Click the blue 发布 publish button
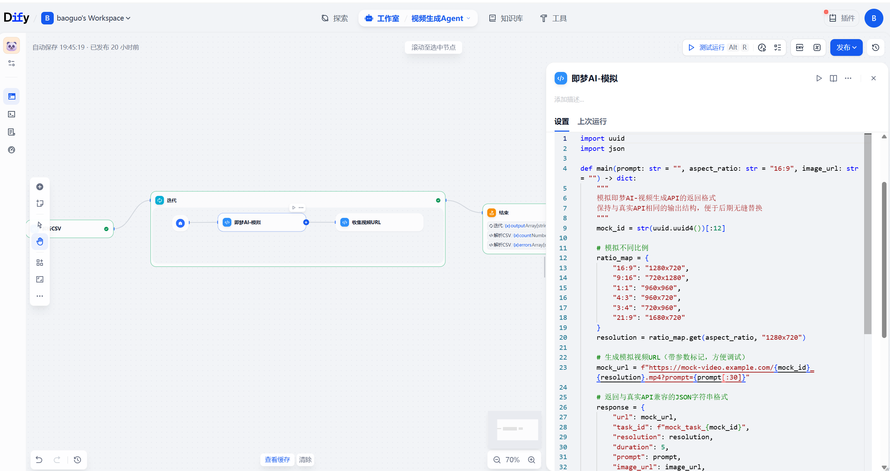846,47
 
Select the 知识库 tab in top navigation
506,18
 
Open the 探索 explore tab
335,18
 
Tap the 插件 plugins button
842,18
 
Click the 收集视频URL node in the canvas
379,222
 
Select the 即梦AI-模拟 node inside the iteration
262,222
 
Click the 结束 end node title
503,213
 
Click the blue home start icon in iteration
180,223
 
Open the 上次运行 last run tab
592,122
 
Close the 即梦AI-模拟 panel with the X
873,78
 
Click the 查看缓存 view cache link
277,459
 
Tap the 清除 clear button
305,459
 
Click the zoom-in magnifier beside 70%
531,460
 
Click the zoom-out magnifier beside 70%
497,460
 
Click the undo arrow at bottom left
39,459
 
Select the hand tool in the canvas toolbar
40,241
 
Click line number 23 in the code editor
563,367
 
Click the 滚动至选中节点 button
433,47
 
